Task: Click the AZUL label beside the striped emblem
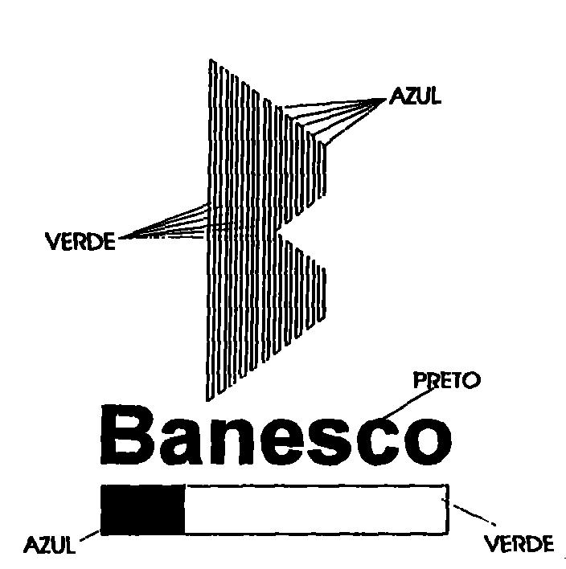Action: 415,96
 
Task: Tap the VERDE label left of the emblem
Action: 80,241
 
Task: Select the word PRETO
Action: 447,381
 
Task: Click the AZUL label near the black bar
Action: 49,544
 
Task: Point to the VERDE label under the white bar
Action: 519,543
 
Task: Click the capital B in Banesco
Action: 127,434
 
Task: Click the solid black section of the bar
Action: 142,510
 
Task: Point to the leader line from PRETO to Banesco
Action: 409,403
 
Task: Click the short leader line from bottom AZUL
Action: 89,535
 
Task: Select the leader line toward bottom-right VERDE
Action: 474,514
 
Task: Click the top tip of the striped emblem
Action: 210,59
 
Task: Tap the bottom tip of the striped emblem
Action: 208,400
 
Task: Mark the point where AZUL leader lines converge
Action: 386,99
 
